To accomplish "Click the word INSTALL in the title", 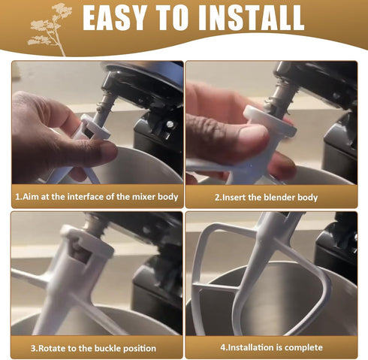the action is pos(251,17).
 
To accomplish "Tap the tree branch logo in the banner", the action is pos(50,29).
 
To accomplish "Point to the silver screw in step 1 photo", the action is pos(170,123).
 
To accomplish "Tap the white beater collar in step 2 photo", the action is pos(270,121).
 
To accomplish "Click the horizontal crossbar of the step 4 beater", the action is pos(216,286).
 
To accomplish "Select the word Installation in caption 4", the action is pos(249,347).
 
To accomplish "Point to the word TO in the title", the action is pos(172,17).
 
